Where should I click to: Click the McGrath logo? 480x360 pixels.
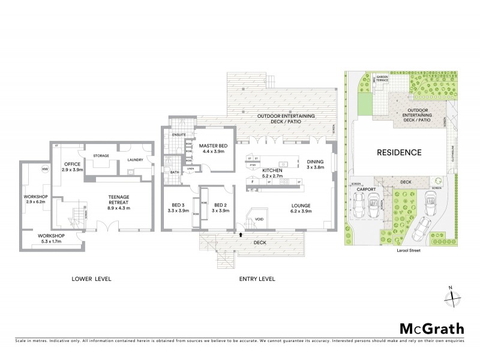[431, 328]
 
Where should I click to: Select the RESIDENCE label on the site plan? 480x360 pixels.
[399, 152]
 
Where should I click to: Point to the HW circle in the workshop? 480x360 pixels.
[44, 169]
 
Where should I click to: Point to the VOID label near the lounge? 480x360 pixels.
[259, 220]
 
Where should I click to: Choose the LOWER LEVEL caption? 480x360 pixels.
[91, 279]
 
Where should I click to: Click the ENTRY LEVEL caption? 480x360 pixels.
[256, 279]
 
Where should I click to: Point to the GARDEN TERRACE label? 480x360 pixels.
[381, 79]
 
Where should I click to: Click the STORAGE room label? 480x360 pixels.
[101, 156]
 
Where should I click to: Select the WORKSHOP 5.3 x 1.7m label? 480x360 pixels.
[50, 239]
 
